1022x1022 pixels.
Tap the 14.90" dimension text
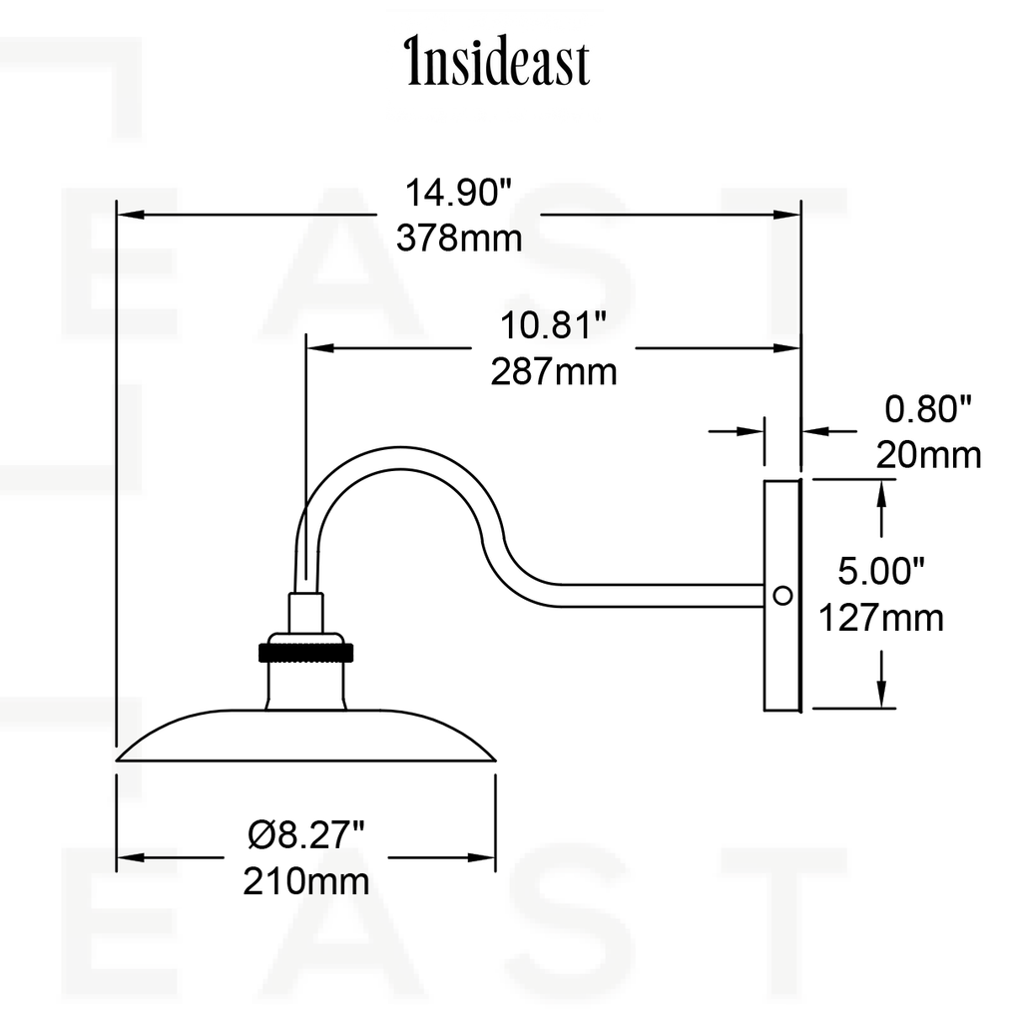[458, 193]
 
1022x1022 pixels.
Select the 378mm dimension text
[459, 238]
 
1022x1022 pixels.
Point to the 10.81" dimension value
[553, 325]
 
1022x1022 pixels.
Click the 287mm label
[553, 372]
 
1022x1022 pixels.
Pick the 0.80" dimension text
[928, 409]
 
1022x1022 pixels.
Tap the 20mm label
[929, 455]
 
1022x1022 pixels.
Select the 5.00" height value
[880, 571]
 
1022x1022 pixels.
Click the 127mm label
[881, 617]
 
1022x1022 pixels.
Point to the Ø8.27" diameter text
[305, 834]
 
